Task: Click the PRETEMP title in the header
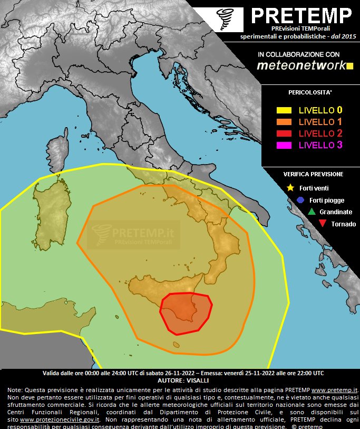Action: click(x=301, y=15)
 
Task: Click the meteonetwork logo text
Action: click(x=300, y=65)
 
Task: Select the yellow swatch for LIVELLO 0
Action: click(x=284, y=110)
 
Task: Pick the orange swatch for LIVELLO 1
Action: click(x=284, y=122)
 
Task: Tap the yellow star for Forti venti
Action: click(x=290, y=188)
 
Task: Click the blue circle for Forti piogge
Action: click(x=300, y=200)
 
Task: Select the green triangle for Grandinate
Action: click(x=311, y=212)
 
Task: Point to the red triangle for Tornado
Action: click(x=322, y=224)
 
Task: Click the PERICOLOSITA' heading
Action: click(x=310, y=93)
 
